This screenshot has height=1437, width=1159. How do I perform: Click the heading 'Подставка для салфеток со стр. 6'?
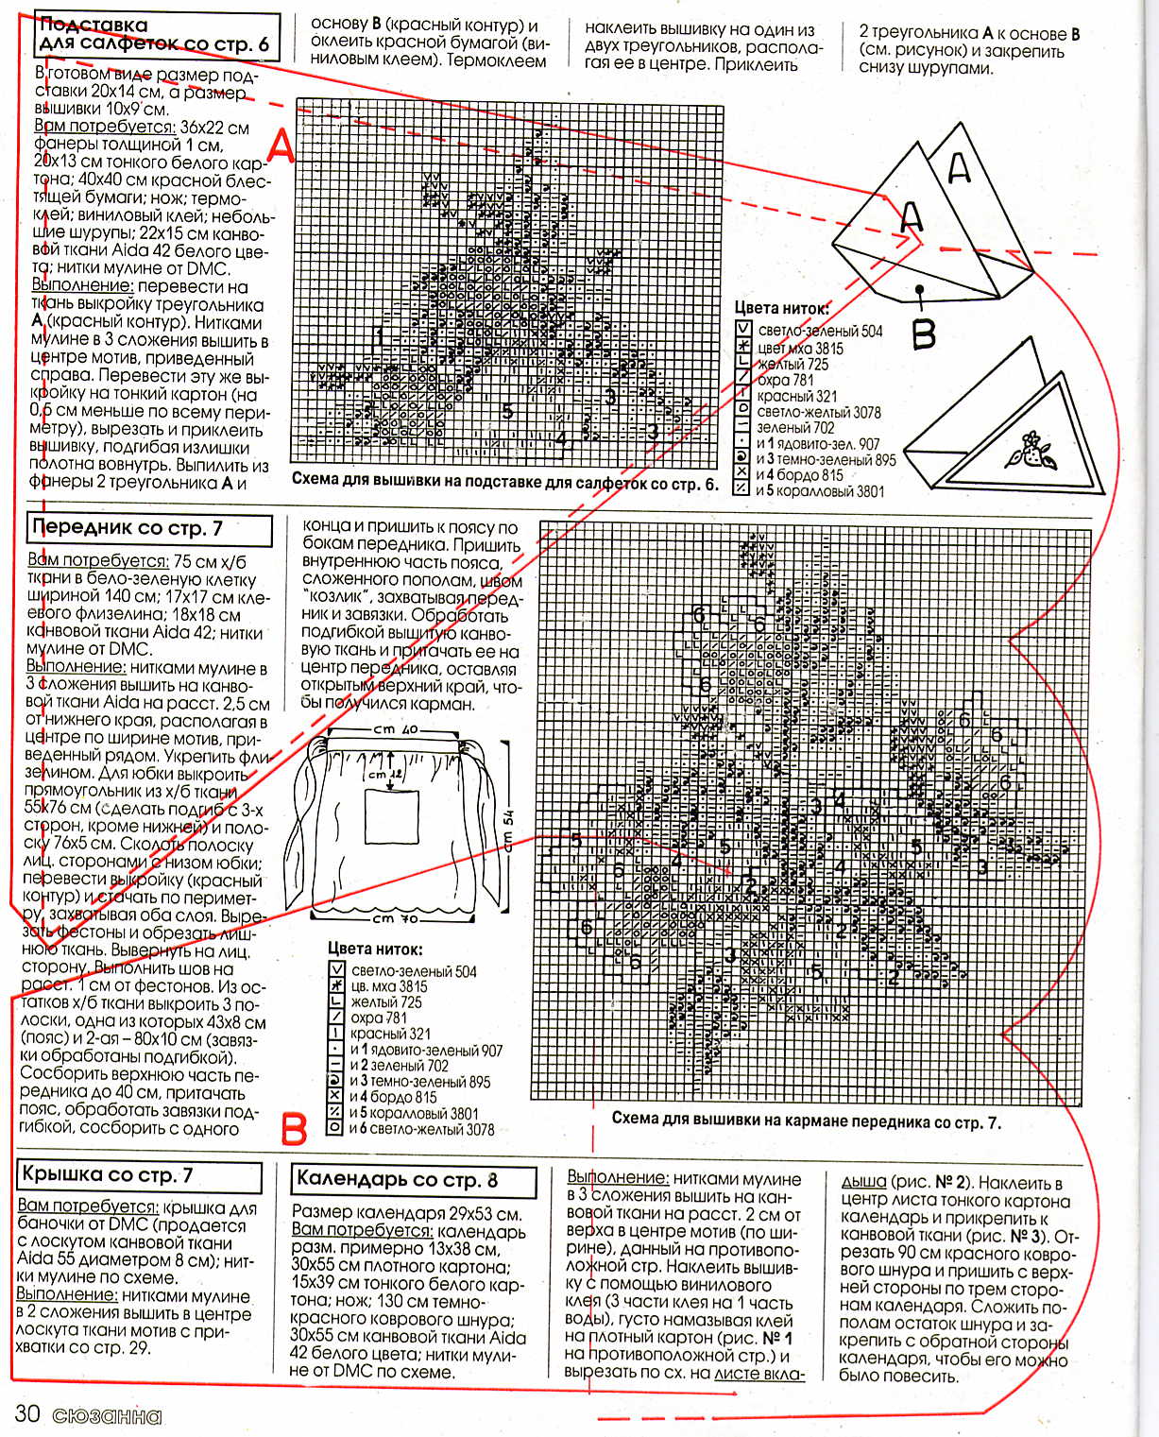coord(156,35)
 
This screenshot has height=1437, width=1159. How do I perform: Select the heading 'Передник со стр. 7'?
coord(128,528)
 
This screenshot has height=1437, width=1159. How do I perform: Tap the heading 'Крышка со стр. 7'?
coord(109,1175)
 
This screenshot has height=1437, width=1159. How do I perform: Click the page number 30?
coord(26,1414)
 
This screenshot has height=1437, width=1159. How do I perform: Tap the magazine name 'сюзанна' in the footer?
coord(107,1416)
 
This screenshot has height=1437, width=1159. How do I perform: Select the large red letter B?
coord(294,1129)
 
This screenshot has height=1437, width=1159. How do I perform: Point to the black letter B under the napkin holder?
coord(923,333)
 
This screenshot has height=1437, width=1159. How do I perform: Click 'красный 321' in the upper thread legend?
coord(797,397)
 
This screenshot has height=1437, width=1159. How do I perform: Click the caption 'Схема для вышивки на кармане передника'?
coord(806,1122)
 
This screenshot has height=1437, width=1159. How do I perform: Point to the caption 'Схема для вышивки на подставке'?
coord(504,481)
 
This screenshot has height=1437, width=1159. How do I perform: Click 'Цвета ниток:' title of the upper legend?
coord(781,308)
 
